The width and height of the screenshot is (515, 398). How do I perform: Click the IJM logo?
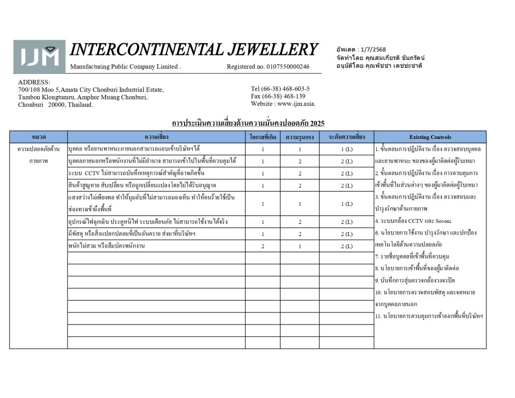39,57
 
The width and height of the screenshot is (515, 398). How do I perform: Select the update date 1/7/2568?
372,50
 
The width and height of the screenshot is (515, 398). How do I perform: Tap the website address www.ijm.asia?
283,104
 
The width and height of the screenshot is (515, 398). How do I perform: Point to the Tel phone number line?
280,89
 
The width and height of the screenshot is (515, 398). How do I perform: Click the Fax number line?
278,96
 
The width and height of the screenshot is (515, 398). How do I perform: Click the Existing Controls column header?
430,137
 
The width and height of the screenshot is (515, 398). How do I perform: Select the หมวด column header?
39,137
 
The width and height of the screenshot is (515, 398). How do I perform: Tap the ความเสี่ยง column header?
156,137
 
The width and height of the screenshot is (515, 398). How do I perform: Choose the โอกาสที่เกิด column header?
263,137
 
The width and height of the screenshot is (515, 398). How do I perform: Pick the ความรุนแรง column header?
300,137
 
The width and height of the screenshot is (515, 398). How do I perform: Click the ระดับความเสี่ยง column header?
347,137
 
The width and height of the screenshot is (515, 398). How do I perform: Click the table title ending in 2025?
248,123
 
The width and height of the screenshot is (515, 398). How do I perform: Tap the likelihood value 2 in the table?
263,246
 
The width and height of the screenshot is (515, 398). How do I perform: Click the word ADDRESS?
34,82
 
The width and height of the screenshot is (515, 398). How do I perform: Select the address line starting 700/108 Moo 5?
91,90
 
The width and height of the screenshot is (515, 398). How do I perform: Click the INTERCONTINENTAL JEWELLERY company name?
194,50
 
